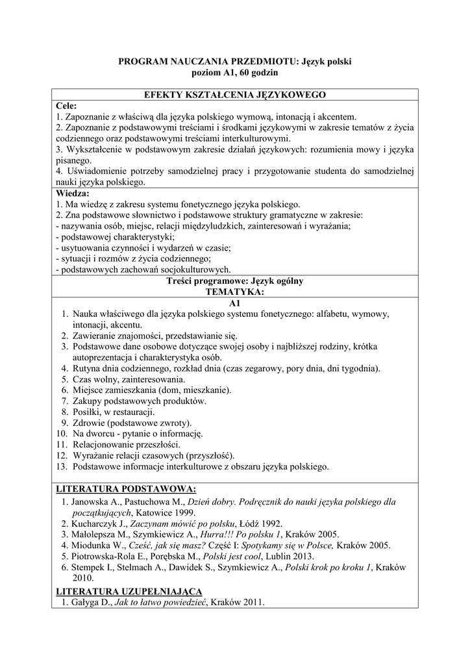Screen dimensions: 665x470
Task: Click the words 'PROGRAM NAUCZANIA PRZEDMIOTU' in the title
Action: pos(206,62)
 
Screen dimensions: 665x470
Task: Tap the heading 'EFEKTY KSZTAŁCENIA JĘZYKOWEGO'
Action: pos(234,95)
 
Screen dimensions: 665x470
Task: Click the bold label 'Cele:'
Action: pos(66,105)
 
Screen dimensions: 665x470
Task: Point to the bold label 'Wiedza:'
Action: pos(73,194)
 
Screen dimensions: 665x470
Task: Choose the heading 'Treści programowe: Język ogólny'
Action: pos(234,281)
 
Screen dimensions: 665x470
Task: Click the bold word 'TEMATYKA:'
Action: pos(234,292)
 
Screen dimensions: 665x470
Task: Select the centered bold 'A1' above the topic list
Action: pos(234,303)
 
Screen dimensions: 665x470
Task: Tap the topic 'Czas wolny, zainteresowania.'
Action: pos(129,379)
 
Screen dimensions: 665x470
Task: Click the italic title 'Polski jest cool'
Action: pos(234,557)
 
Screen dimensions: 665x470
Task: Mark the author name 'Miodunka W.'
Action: pos(99,546)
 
